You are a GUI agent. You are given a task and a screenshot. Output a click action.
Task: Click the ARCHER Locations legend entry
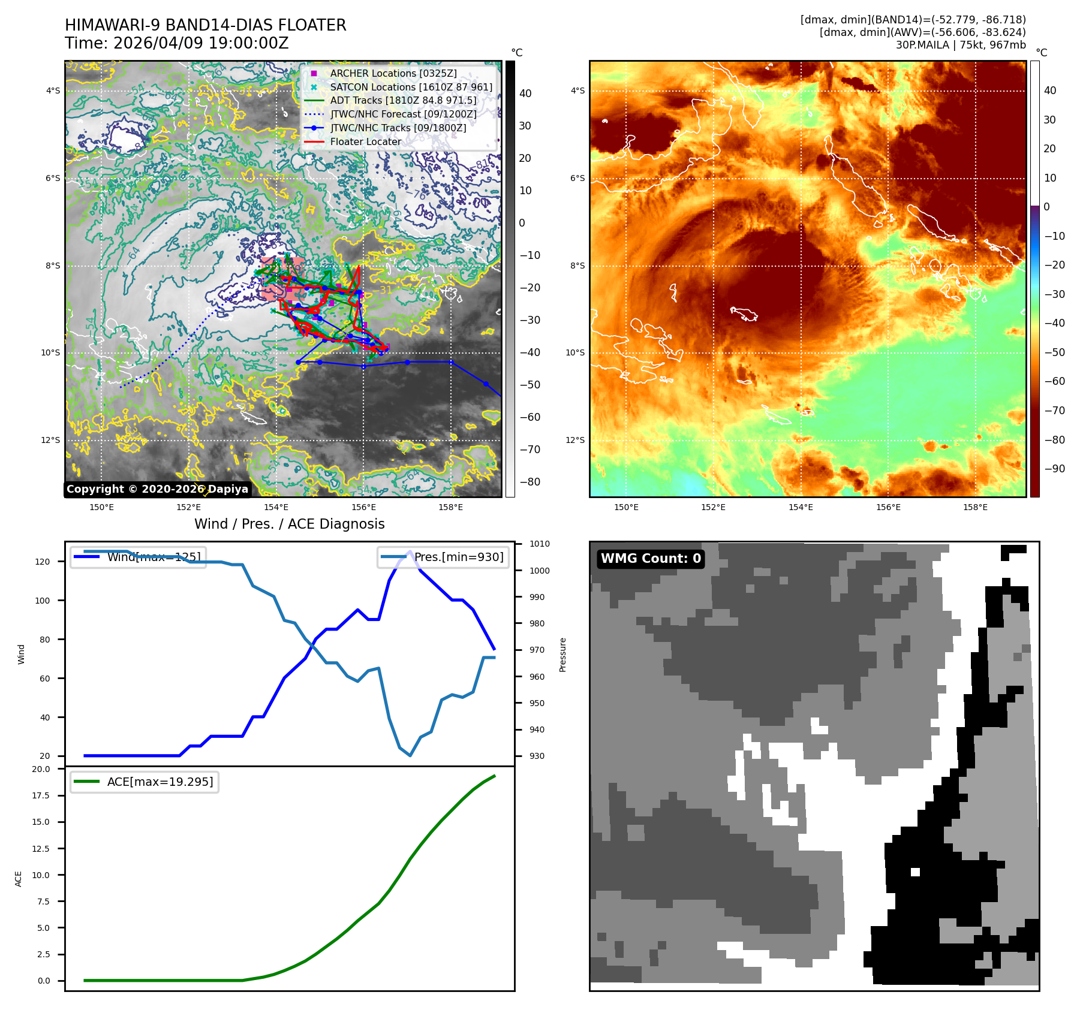click(x=393, y=73)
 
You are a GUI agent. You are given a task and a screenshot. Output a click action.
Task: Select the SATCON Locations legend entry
click(x=411, y=87)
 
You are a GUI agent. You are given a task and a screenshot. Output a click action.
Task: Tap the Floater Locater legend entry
click(x=365, y=142)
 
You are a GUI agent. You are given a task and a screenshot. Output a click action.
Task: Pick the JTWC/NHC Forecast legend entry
click(x=403, y=114)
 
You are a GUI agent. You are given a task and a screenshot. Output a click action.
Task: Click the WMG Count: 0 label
click(x=651, y=559)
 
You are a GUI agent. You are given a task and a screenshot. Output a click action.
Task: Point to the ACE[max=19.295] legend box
click(x=145, y=782)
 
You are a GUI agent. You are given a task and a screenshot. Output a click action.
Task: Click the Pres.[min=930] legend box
click(x=443, y=557)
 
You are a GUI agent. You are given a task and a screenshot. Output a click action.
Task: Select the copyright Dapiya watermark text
click(x=157, y=489)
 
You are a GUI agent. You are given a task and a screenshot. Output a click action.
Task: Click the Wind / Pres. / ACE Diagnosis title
click(x=289, y=524)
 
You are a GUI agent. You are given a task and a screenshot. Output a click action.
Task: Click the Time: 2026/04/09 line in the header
click(x=177, y=44)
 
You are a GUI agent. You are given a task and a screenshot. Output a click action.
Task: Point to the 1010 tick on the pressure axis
click(x=539, y=544)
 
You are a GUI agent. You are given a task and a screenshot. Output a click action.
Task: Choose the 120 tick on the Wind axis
click(x=43, y=562)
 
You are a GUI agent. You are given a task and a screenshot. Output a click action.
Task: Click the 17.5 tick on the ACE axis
click(x=41, y=795)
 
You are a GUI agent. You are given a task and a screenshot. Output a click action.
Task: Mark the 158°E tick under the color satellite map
click(x=975, y=507)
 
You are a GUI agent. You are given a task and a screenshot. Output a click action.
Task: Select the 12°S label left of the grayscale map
click(x=50, y=441)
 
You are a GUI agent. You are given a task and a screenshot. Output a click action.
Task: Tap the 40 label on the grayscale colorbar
click(x=525, y=94)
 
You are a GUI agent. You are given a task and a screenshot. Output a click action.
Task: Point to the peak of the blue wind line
click(x=410, y=551)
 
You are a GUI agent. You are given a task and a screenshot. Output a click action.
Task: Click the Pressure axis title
click(x=562, y=655)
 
